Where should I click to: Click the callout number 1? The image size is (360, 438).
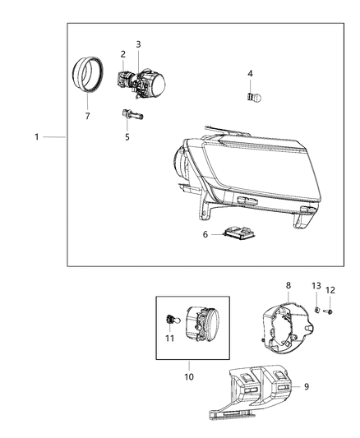(x=37, y=136)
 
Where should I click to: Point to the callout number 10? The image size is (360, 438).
(x=189, y=377)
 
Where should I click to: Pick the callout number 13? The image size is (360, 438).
(x=316, y=286)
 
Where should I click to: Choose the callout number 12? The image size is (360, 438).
(x=330, y=289)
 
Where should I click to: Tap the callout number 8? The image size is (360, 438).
(x=287, y=285)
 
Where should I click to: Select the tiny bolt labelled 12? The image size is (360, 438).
(x=330, y=311)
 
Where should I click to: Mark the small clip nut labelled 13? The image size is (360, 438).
(x=316, y=309)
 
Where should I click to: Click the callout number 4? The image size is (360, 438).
(x=250, y=74)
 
